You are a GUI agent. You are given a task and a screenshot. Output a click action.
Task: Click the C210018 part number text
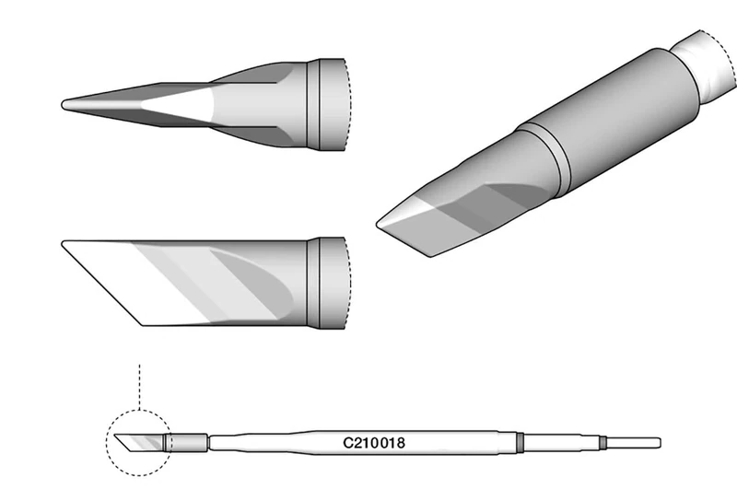coord(375,441)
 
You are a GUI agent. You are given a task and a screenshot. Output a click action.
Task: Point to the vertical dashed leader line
coord(138,387)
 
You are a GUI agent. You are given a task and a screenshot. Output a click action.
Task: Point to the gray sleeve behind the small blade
coord(186,441)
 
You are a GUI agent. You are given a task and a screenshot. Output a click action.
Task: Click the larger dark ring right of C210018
coord(520,441)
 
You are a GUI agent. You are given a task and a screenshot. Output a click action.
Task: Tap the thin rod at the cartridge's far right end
coord(636,441)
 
